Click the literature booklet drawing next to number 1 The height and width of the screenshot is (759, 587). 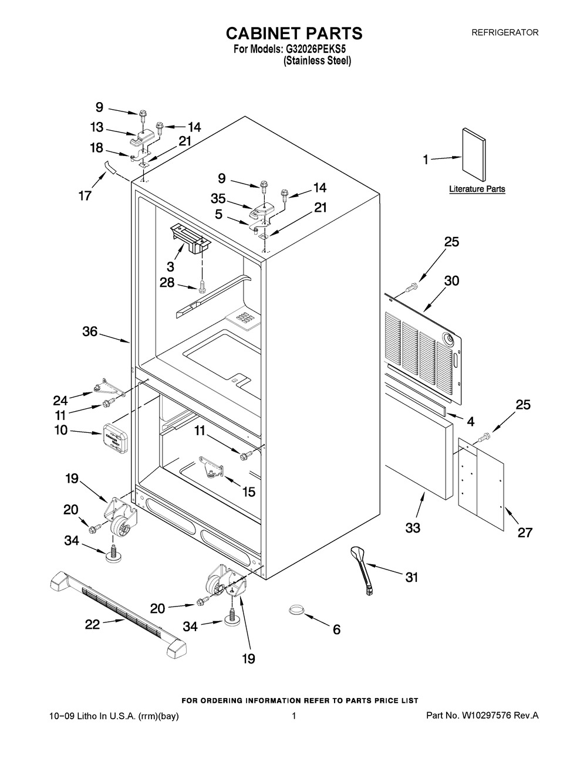[474, 155]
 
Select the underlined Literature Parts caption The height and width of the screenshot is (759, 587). [477, 189]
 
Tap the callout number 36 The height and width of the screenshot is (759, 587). [90, 331]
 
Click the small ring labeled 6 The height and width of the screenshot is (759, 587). [297, 611]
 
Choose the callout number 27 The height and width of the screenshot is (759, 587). [524, 532]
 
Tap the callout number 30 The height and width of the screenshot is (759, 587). [451, 281]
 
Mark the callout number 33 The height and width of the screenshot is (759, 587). [413, 528]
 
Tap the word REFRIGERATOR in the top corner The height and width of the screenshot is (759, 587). [505, 33]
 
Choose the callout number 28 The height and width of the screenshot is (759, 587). [168, 283]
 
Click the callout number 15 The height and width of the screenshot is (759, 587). [249, 492]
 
